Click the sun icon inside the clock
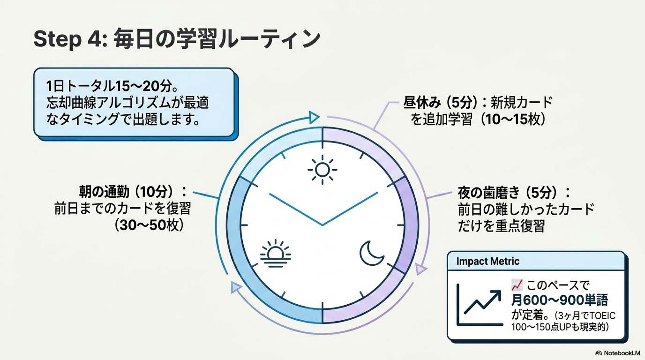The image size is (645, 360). [x=322, y=169]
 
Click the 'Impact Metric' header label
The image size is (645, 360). [x=487, y=262]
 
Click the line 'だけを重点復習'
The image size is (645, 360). [x=501, y=226]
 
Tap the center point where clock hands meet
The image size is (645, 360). [x=322, y=225]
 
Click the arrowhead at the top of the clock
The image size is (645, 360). [x=314, y=116]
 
